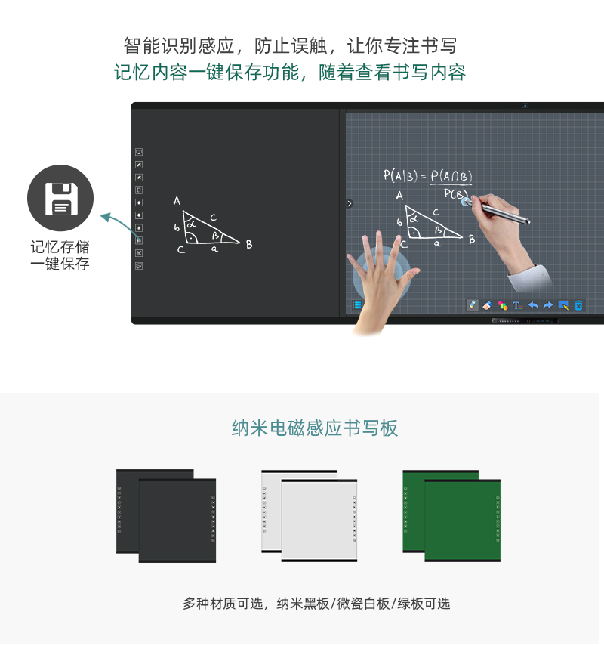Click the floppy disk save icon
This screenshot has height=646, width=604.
60,198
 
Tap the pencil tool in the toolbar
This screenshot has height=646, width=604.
472,305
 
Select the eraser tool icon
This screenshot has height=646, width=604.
487,305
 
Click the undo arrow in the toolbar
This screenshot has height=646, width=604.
533,305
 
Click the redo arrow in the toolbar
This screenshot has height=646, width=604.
548,305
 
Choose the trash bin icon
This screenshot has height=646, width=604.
578,305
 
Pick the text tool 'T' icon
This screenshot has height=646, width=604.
517,305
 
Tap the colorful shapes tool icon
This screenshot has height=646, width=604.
502,305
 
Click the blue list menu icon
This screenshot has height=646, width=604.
356,305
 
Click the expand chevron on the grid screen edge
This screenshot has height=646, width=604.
349,203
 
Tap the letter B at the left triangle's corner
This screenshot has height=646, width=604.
249,245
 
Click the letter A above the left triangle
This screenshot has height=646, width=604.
177,201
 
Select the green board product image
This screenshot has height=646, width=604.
451,516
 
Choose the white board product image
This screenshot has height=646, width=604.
310,516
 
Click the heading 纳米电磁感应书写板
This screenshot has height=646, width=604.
315,428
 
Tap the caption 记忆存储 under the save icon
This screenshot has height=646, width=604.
60,247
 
